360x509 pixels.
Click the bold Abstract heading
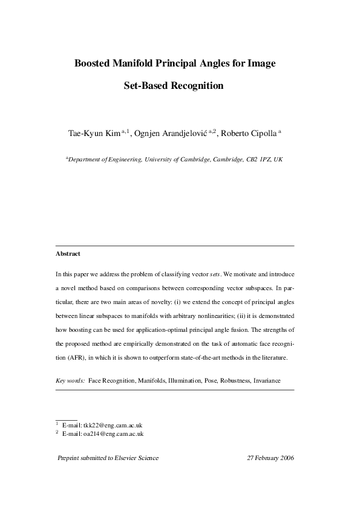coord(68,254)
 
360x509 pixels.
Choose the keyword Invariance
coord(281,381)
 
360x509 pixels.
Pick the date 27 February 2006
coord(270,458)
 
